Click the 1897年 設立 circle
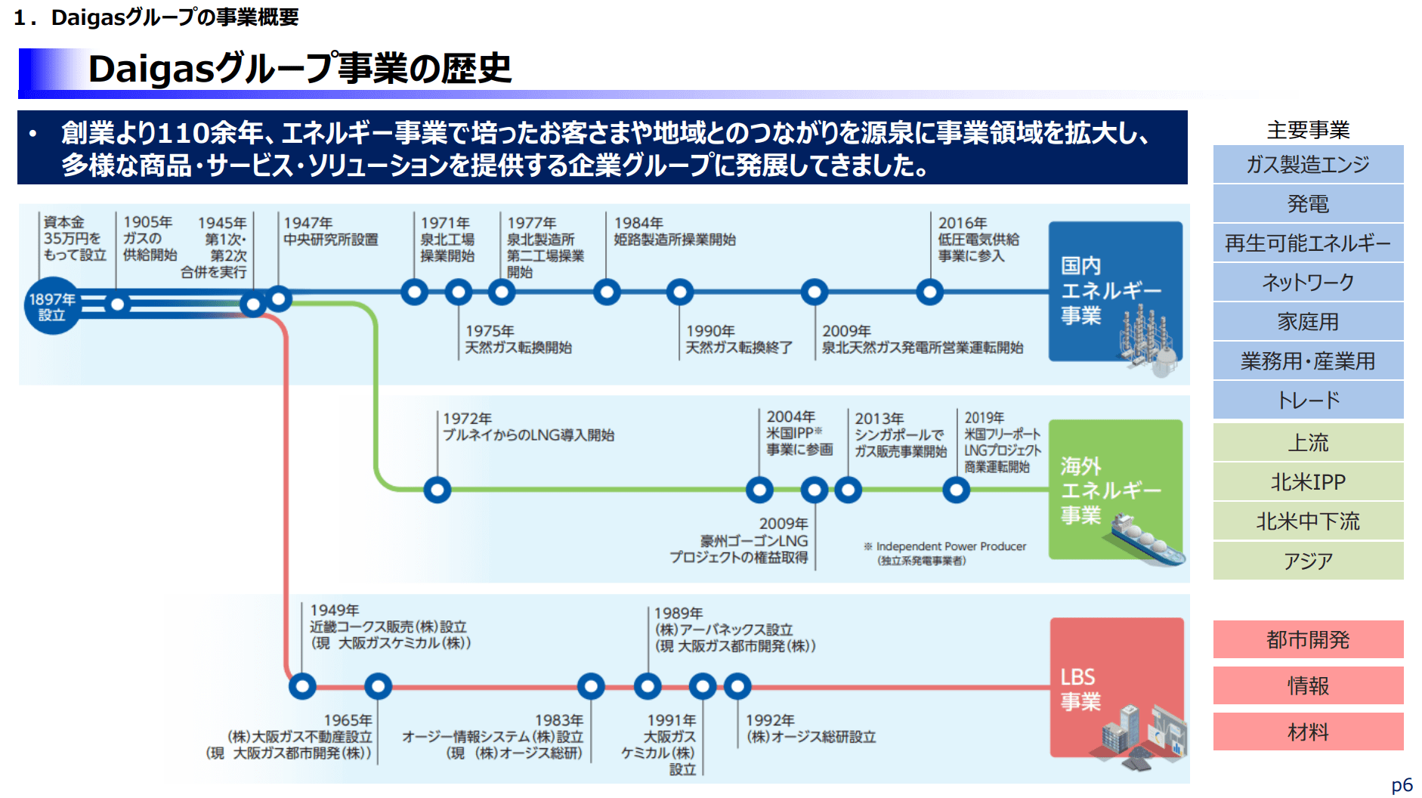point(51,306)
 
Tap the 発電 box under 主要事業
point(1308,203)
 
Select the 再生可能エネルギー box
point(1308,243)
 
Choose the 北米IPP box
point(1308,481)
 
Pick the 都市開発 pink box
point(1308,639)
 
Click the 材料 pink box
point(1308,731)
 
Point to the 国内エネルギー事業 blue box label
point(1110,290)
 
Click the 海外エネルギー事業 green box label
point(1110,490)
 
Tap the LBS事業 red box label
point(1080,688)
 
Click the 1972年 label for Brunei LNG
point(467,419)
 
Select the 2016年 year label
point(962,223)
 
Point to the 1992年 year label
point(769,720)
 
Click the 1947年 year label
point(308,223)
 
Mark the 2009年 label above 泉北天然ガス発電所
point(846,331)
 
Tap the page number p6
point(1402,785)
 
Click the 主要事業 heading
point(1308,130)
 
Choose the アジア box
point(1308,561)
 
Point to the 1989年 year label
point(678,613)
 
